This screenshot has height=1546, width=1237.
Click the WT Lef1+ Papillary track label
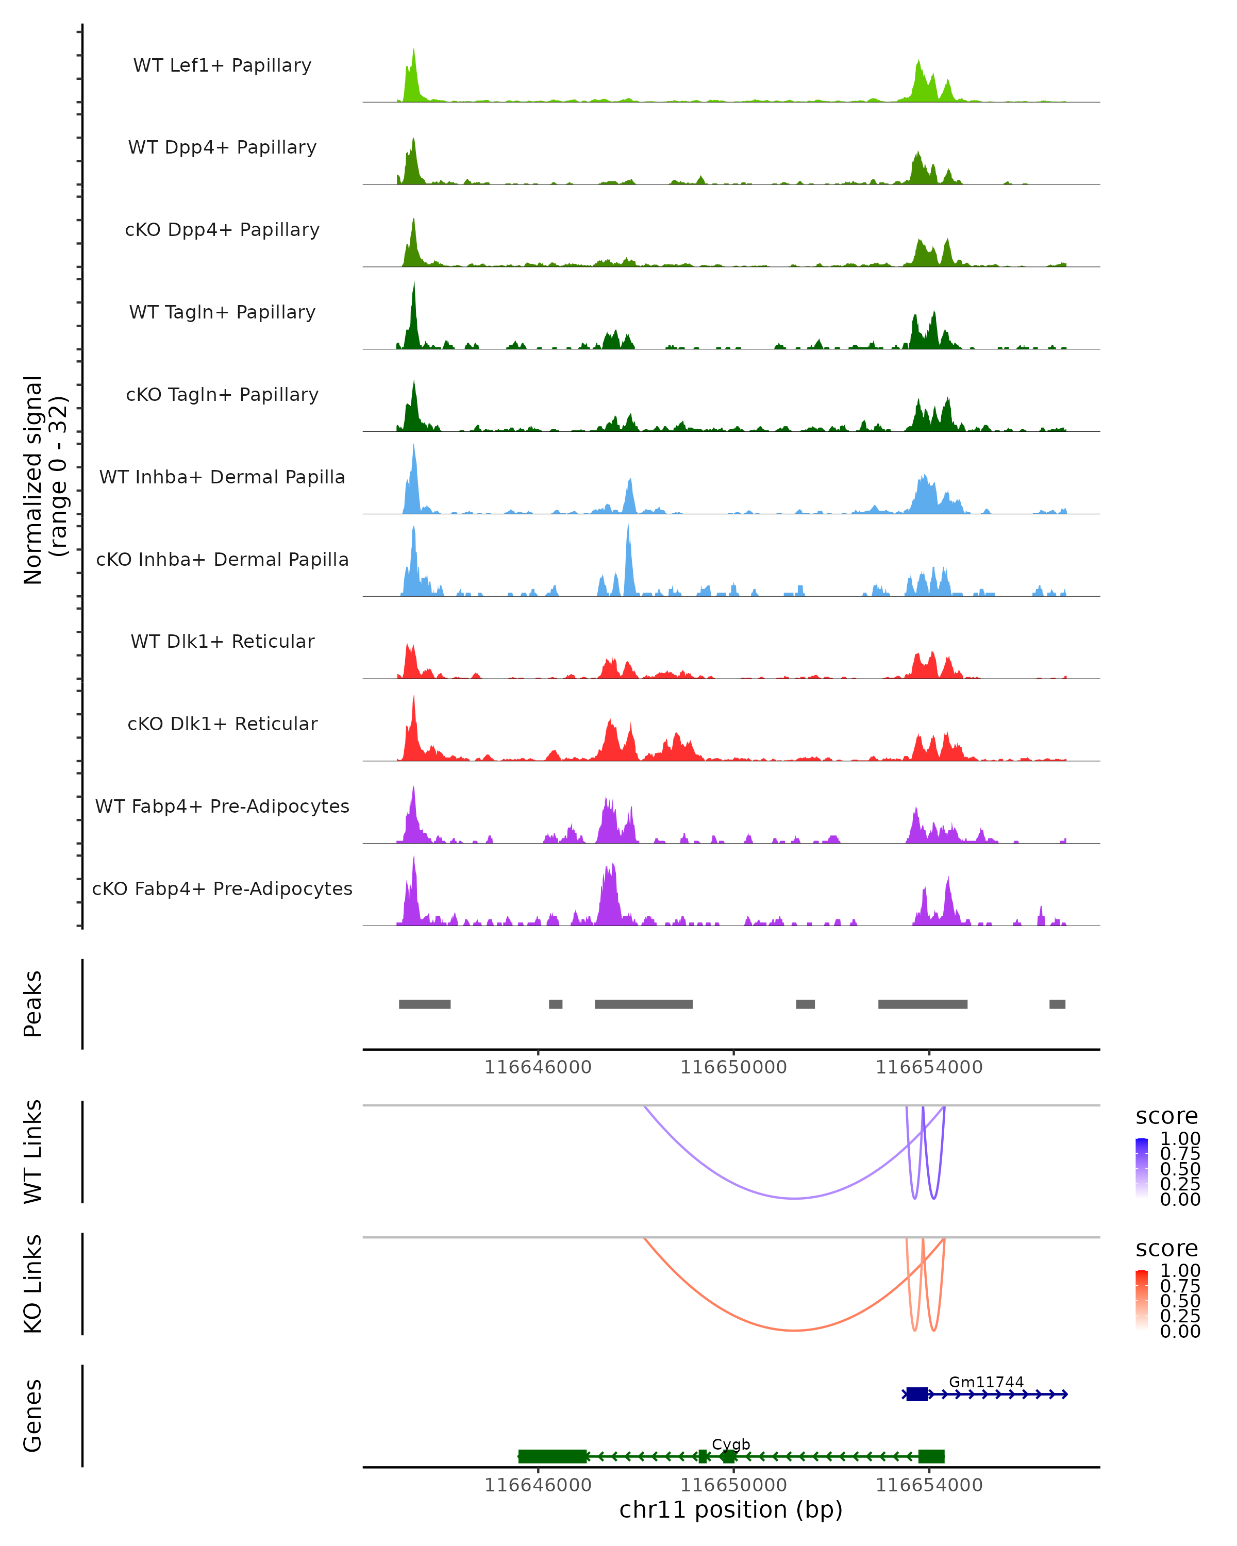tap(222, 65)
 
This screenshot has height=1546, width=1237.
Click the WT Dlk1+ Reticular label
tap(222, 641)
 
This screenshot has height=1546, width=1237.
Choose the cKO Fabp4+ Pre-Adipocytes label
tap(222, 888)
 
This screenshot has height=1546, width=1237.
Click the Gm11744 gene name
tap(986, 1382)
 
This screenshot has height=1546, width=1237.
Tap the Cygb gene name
tap(731, 1443)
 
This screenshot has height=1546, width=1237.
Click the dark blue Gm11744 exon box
tap(916, 1394)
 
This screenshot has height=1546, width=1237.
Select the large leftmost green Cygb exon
tap(552, 1456)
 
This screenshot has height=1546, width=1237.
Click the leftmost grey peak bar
tap(425, 1004)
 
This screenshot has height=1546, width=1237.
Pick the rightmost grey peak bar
tap(1057, 1004)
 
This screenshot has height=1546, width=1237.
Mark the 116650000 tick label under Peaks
tap(733, 1067)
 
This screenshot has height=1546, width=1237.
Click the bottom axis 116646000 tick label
tap(538, 1484)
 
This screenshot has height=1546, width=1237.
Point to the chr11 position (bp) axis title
tap(731, 1509)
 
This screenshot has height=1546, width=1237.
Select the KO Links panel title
tap(33, 1284)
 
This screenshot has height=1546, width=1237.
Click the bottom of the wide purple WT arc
tap(795, 1198)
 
